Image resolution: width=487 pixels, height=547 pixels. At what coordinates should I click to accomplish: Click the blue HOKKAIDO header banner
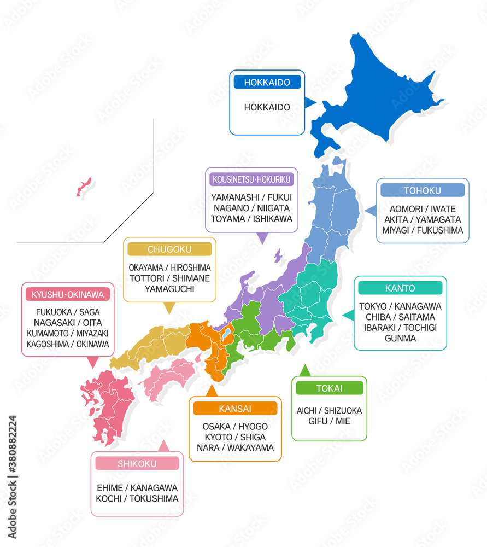pyautogui.click(x=267, y=82)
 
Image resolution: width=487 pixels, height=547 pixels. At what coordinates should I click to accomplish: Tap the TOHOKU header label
pyautogui.click(x=422, y=190)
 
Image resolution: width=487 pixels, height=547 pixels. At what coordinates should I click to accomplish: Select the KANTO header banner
pyautogui.click(x=400, y=288)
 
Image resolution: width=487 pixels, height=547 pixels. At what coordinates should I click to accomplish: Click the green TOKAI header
pyautogui.click(x=329, y=388)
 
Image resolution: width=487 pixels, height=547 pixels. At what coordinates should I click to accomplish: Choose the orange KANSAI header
pyautogui.click(x=235, y=409)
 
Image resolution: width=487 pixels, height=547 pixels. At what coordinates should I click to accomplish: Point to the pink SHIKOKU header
pyautogui.click(x=137, y=464)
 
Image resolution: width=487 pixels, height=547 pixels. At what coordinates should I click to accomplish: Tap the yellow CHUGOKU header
pyautogui.click(x=169, y=249)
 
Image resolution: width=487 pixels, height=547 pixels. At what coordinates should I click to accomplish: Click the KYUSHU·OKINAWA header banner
pyautogui.click(x=67, y=295)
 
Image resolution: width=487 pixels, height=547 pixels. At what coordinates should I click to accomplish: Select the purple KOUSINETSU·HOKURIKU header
pyautogui.click(x=251, y=179)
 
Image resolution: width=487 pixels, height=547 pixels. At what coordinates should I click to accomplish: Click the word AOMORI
pyautogui.click(x=407, y=209)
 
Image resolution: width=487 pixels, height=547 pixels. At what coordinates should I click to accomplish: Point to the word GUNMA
pyautogui.click(x=400, y=339)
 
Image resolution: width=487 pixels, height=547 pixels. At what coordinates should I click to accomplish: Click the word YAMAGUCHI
pyautogui.click(x=169, y=289)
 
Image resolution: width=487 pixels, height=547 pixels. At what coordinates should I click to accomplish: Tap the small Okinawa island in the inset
pyautogui.click(x=84, y=187)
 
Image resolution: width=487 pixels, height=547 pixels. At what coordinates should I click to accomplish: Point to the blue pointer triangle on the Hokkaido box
pyautogui.click(x=309, y=102)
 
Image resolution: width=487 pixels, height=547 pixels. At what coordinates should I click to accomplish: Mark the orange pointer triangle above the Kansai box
pyautogui.click(x=212, y=391)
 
